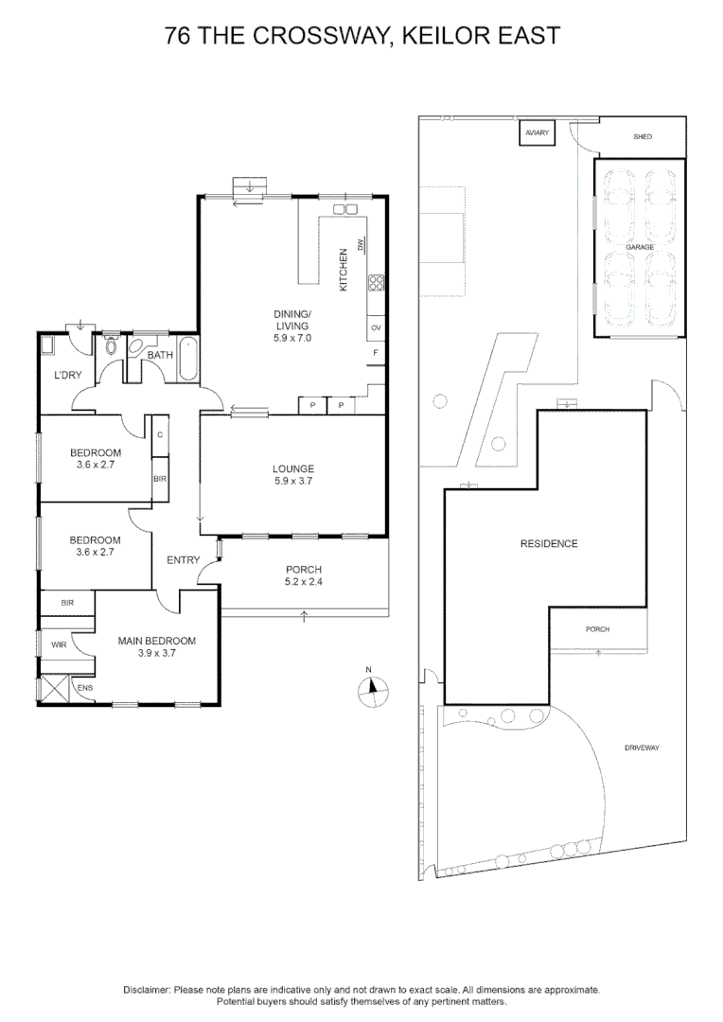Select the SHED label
click(x=643, y=137)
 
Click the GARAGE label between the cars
click(x=639, y=247)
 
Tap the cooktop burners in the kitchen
click(x=376, y=282)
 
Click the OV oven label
click(x=376, y=327)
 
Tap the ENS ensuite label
click(x=85, y=687)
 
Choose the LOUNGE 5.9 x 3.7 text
click(x=293, y=474)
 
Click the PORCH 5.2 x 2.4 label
click(x=304, y=575)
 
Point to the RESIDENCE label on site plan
click(x=548, y=544)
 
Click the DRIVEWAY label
click(x=641, y=748)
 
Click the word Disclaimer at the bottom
click(x=147, y=989)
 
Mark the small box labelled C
click(x=159, y=434)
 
